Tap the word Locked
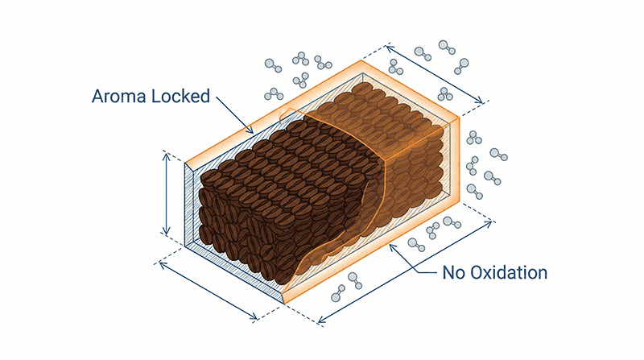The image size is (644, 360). (180, 97)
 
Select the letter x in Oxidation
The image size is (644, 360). (489, 273)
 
